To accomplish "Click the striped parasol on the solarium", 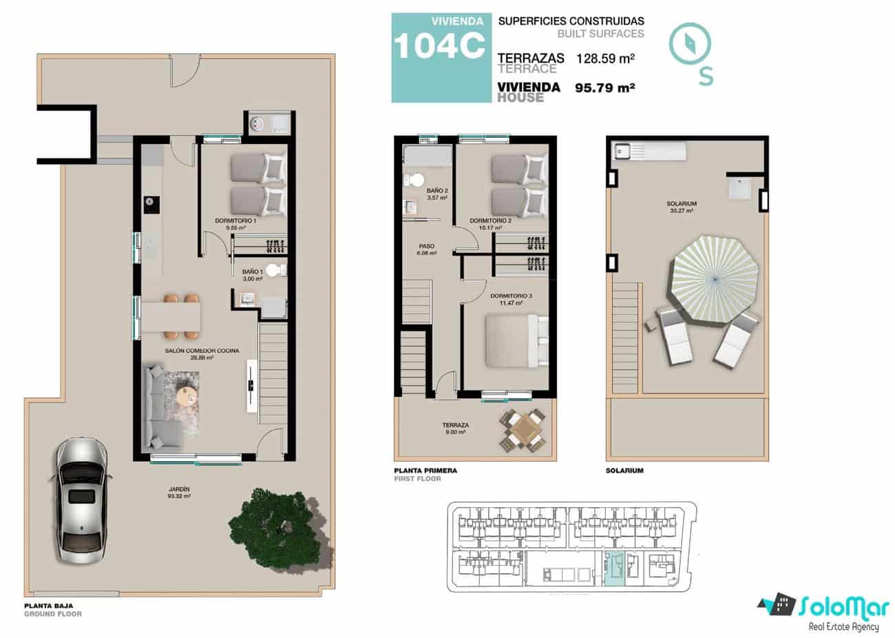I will click(x=713, y=278).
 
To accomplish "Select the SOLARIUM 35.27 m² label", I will click(x=681, y=207).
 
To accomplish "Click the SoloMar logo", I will click(x=820, y=609).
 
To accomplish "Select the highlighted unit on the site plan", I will click(x=613, y=570).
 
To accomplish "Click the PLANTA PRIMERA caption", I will click(x=425, y=471).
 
